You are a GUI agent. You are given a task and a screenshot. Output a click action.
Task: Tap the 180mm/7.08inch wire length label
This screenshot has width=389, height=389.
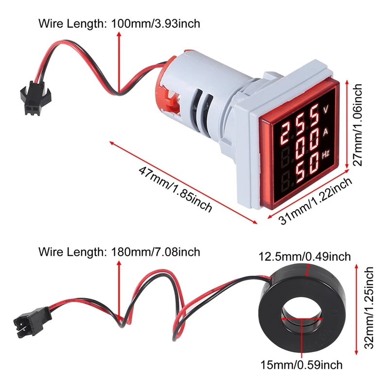click(120, 252)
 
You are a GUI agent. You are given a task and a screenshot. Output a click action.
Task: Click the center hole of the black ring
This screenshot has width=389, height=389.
click(302, 320)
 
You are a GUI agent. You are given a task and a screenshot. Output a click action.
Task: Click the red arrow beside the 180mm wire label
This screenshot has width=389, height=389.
click(119, 287)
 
